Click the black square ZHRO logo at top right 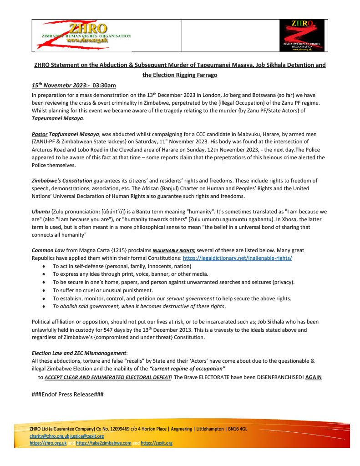coord(301,35)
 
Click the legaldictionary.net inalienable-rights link coord(237,258)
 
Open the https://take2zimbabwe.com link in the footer coord(103,443)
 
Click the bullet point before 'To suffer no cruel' coord(43,290)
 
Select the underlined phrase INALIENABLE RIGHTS coord(172,251)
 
